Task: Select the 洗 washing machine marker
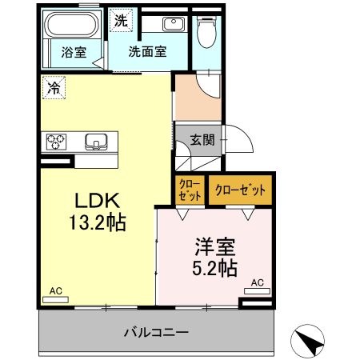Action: click(120, 21)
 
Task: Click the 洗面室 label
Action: click(148, 53)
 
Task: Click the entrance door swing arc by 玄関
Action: click(240, 142)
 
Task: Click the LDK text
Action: click(97, 200)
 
